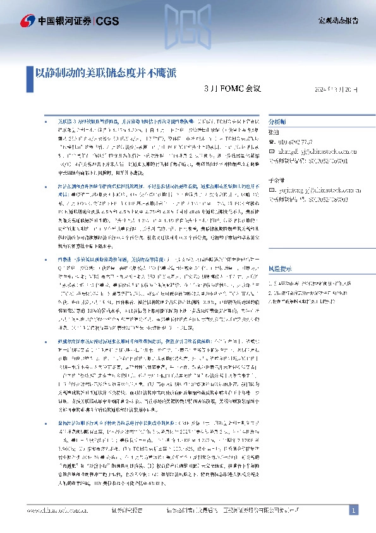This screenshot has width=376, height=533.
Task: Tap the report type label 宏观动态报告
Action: pos(338,21)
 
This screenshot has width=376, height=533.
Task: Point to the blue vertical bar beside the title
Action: pos(30,73)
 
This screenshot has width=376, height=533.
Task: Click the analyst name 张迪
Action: pos(274,132)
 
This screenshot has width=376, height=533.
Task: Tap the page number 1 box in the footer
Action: pos(354,510)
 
